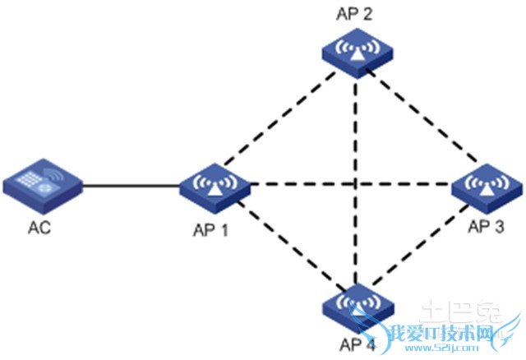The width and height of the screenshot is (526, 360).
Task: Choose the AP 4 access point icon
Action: tap(356, 306)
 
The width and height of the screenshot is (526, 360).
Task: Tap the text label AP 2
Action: tap(354, 12)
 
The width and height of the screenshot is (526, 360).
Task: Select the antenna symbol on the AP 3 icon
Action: tap(487, 182)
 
